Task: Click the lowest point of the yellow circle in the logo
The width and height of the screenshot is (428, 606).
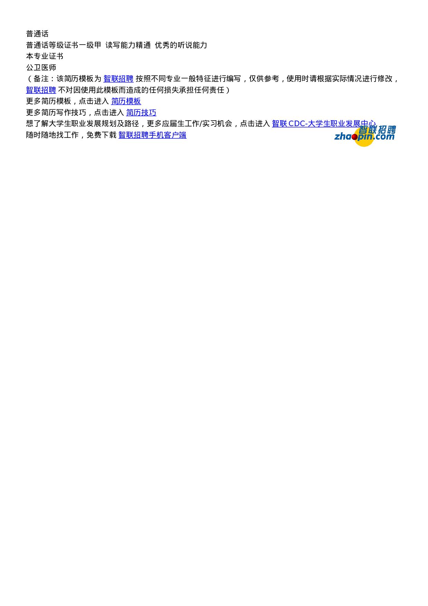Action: tap(364, 147)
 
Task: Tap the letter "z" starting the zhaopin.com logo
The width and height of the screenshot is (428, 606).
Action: tap(337, 137)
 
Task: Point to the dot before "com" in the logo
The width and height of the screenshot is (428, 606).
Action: tap(374, 139)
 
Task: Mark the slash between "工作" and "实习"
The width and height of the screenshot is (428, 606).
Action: tap(201, 124)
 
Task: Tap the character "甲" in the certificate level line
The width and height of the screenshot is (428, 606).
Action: tap(98, 45)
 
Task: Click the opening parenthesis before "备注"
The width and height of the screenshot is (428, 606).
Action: tap(29, 79)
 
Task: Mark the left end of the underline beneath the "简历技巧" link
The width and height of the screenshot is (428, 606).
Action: tap(126, 116)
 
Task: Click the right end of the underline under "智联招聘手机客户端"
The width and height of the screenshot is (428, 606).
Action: tap(186, 139)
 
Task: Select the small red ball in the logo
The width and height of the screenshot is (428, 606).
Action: tap(354, 137)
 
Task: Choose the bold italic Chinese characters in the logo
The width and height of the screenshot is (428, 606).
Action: tap(377, 130)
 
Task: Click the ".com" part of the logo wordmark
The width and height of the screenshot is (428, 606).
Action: tap(384, 137)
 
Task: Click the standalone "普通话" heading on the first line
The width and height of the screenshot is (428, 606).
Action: tap(37, 34)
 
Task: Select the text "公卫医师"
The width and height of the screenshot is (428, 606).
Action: tap(41, 68)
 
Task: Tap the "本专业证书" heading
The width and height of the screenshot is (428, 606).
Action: tap(45, 56)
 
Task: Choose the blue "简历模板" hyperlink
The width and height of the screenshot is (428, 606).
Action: tap(126, 101)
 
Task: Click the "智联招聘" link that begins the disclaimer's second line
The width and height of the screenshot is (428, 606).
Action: tap(41, 90)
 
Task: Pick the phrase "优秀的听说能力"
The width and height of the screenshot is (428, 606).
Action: tap(181, 45)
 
